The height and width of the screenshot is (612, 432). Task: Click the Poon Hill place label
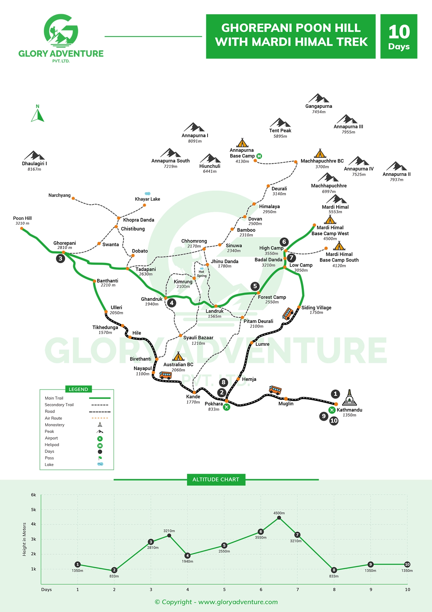click(22, 218)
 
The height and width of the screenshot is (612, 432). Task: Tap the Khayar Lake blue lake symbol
click(147, 194)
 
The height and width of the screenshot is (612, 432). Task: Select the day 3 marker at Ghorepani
click(60, 259)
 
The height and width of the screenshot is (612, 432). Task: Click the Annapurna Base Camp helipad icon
click(259, 156)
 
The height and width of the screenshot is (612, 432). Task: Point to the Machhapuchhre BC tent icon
click(320, 153)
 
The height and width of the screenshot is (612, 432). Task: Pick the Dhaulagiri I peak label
click(34, 164)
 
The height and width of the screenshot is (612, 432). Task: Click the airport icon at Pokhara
click(226, 407)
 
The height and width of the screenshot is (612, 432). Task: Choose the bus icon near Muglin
click(275, 390)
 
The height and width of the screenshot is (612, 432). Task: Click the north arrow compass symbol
click(37, 114)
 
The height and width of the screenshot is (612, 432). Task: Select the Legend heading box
click(78, 389)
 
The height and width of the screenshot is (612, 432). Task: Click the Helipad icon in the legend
click(100, 445)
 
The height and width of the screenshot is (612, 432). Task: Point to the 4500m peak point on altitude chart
click(279, 518)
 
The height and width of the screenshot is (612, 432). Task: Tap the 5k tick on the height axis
click(33, 510)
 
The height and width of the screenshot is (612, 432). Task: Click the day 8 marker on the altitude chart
click(334, 570)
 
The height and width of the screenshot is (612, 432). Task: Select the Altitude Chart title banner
click(216, 480)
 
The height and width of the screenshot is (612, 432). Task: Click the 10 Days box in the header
click(399, 36)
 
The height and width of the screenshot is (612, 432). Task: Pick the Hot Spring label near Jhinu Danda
click(201, 274)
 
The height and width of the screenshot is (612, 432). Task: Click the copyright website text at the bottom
click(216, 602)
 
